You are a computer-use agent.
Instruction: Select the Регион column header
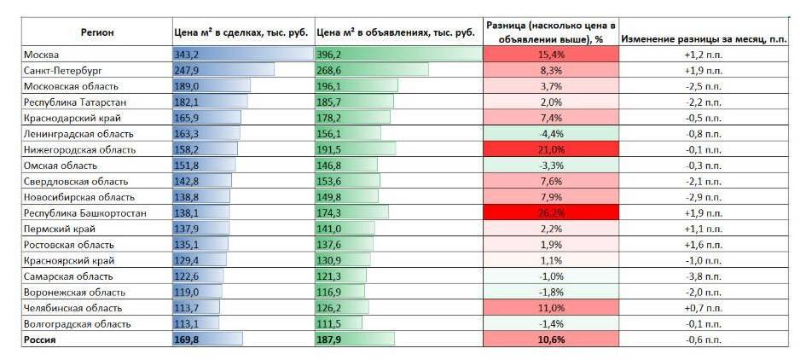[x=96, y=32]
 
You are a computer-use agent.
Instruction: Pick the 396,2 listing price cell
[x=329, y=55]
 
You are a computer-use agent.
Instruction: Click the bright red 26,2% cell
[x=550, y=212]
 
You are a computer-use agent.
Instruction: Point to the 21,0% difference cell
[x=550, y=149]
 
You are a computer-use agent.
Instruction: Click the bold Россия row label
[x=41, y=339]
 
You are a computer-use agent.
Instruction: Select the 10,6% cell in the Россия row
[x=550, y=339]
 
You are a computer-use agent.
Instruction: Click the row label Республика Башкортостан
[x=83, y=212]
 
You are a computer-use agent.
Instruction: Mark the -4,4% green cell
[x=550, y=134]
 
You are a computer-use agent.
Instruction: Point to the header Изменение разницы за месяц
[x=703, y=38]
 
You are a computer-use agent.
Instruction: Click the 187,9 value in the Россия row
[x=329, y=339]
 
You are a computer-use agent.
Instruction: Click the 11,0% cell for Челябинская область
[x=550, y=307]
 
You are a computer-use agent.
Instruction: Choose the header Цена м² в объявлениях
[x=396, y=32]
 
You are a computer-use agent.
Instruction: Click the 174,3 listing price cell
[x=329, y=212]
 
